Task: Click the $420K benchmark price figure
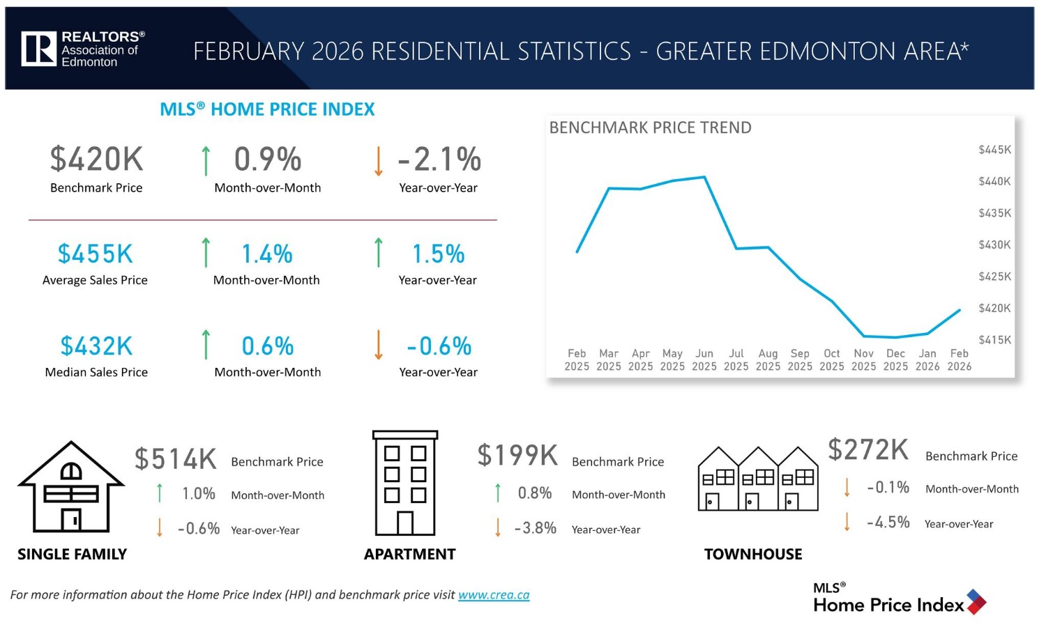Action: [x=96, y=159]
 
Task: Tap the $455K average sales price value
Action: [x=95, y=254]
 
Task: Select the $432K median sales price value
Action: [x=96, y=346]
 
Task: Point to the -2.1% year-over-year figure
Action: [x=439, y=159]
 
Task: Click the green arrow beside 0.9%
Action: [x=206, y=160]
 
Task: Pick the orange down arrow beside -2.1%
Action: [x=378, y=160]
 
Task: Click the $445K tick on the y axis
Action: [x=994, y=150]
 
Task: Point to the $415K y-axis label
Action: [x=994, y=340]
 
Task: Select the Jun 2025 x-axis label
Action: [x=704, y=360]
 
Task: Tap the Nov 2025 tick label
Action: [x=863, y=360]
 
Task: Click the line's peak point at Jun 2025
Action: [x=705, y=177]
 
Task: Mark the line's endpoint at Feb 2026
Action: [x=960, y=310]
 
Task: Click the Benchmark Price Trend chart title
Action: [x=650, y=128]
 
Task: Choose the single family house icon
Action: [x=71, y=488]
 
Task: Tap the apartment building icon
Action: [x=405, y=483]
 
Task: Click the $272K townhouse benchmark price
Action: [x=868, y=449]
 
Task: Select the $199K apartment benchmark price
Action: [x=517, y=455]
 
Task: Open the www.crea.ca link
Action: [x=494, y=595]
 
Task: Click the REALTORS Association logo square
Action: [x=38, y=49]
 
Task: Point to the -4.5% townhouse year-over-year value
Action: [x=888, y=523]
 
